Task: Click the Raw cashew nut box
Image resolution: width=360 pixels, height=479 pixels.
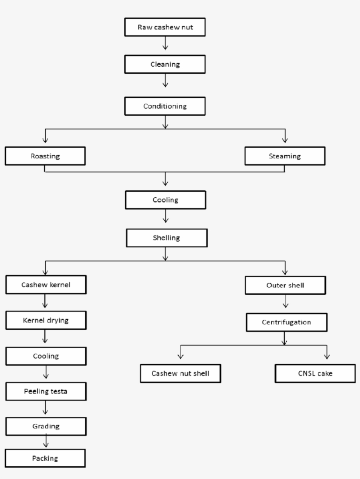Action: click(x=165, y=27)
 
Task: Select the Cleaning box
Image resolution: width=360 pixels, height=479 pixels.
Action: click(x=165, y=64)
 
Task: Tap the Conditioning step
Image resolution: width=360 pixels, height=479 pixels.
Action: click(x=165, y=106)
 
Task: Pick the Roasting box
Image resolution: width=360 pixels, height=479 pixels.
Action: click(x=45, y=156)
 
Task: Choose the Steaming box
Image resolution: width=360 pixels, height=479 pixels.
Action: click(x=285, y=156)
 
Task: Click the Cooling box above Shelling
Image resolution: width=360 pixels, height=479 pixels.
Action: click(x=165, y=200)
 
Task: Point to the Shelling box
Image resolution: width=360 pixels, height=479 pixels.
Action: click(x=166, y=238)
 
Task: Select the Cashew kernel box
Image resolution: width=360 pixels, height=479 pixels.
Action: click(x=46, y=285)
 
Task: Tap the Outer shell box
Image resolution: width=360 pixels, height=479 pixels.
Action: click(x=285, y=285)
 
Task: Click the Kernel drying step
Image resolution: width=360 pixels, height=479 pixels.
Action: click(x=46, y=320)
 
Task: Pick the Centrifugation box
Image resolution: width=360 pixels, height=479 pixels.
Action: click(x=286, y=322)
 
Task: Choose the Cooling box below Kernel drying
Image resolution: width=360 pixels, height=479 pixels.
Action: click(x=46, y=356)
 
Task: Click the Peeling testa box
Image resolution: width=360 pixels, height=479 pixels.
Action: click(x=46, y=391)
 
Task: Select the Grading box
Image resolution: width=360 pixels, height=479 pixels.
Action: click(x=46, y=426)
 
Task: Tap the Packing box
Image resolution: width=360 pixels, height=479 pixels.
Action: click(x=45, y=458)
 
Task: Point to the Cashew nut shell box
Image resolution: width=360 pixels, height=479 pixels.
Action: click(x=180, y=374)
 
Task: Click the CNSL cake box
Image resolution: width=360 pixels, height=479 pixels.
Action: click(x=315, y=374)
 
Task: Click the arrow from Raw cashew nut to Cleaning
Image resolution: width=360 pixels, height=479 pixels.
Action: click(x=165, y=43)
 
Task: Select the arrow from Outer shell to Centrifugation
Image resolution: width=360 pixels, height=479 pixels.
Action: click(x=286, y=302)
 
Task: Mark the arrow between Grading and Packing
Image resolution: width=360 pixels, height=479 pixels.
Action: click(x=46, y=442)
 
